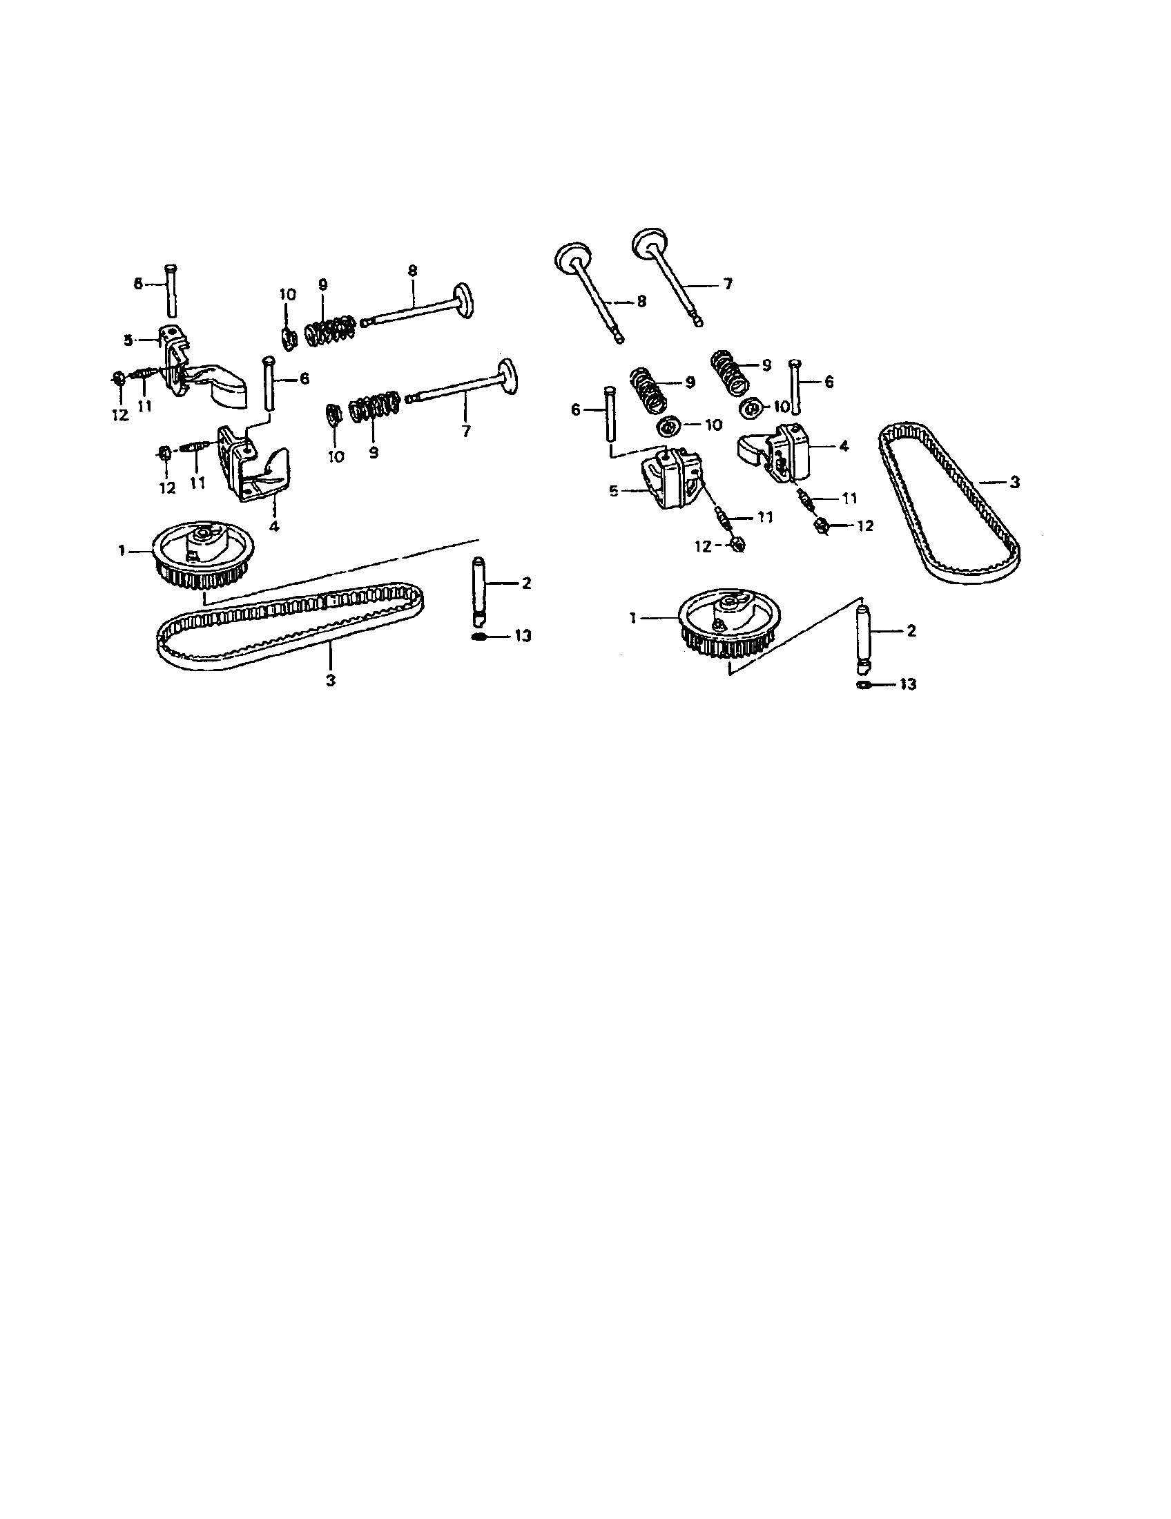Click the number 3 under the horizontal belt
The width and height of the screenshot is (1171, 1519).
coord(330,680)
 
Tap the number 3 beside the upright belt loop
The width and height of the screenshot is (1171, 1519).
coord(1014,481)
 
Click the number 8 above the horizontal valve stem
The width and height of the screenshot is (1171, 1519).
coord(412,271)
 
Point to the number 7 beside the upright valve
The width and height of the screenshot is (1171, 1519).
coord(728,284)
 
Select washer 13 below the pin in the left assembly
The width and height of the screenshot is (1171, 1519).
coord(478,637)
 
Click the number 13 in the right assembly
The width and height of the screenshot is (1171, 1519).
coord(908,684)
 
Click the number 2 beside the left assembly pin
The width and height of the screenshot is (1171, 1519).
coord(525,583)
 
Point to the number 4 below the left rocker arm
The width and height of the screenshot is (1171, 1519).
coord(274,526)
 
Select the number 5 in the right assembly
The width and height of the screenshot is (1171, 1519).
coord(613,491)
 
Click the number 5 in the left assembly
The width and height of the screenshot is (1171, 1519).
coord(128,340)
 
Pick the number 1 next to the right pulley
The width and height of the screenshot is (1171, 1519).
coord(633,618)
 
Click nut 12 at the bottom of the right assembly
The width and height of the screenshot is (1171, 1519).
coord(739,545)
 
